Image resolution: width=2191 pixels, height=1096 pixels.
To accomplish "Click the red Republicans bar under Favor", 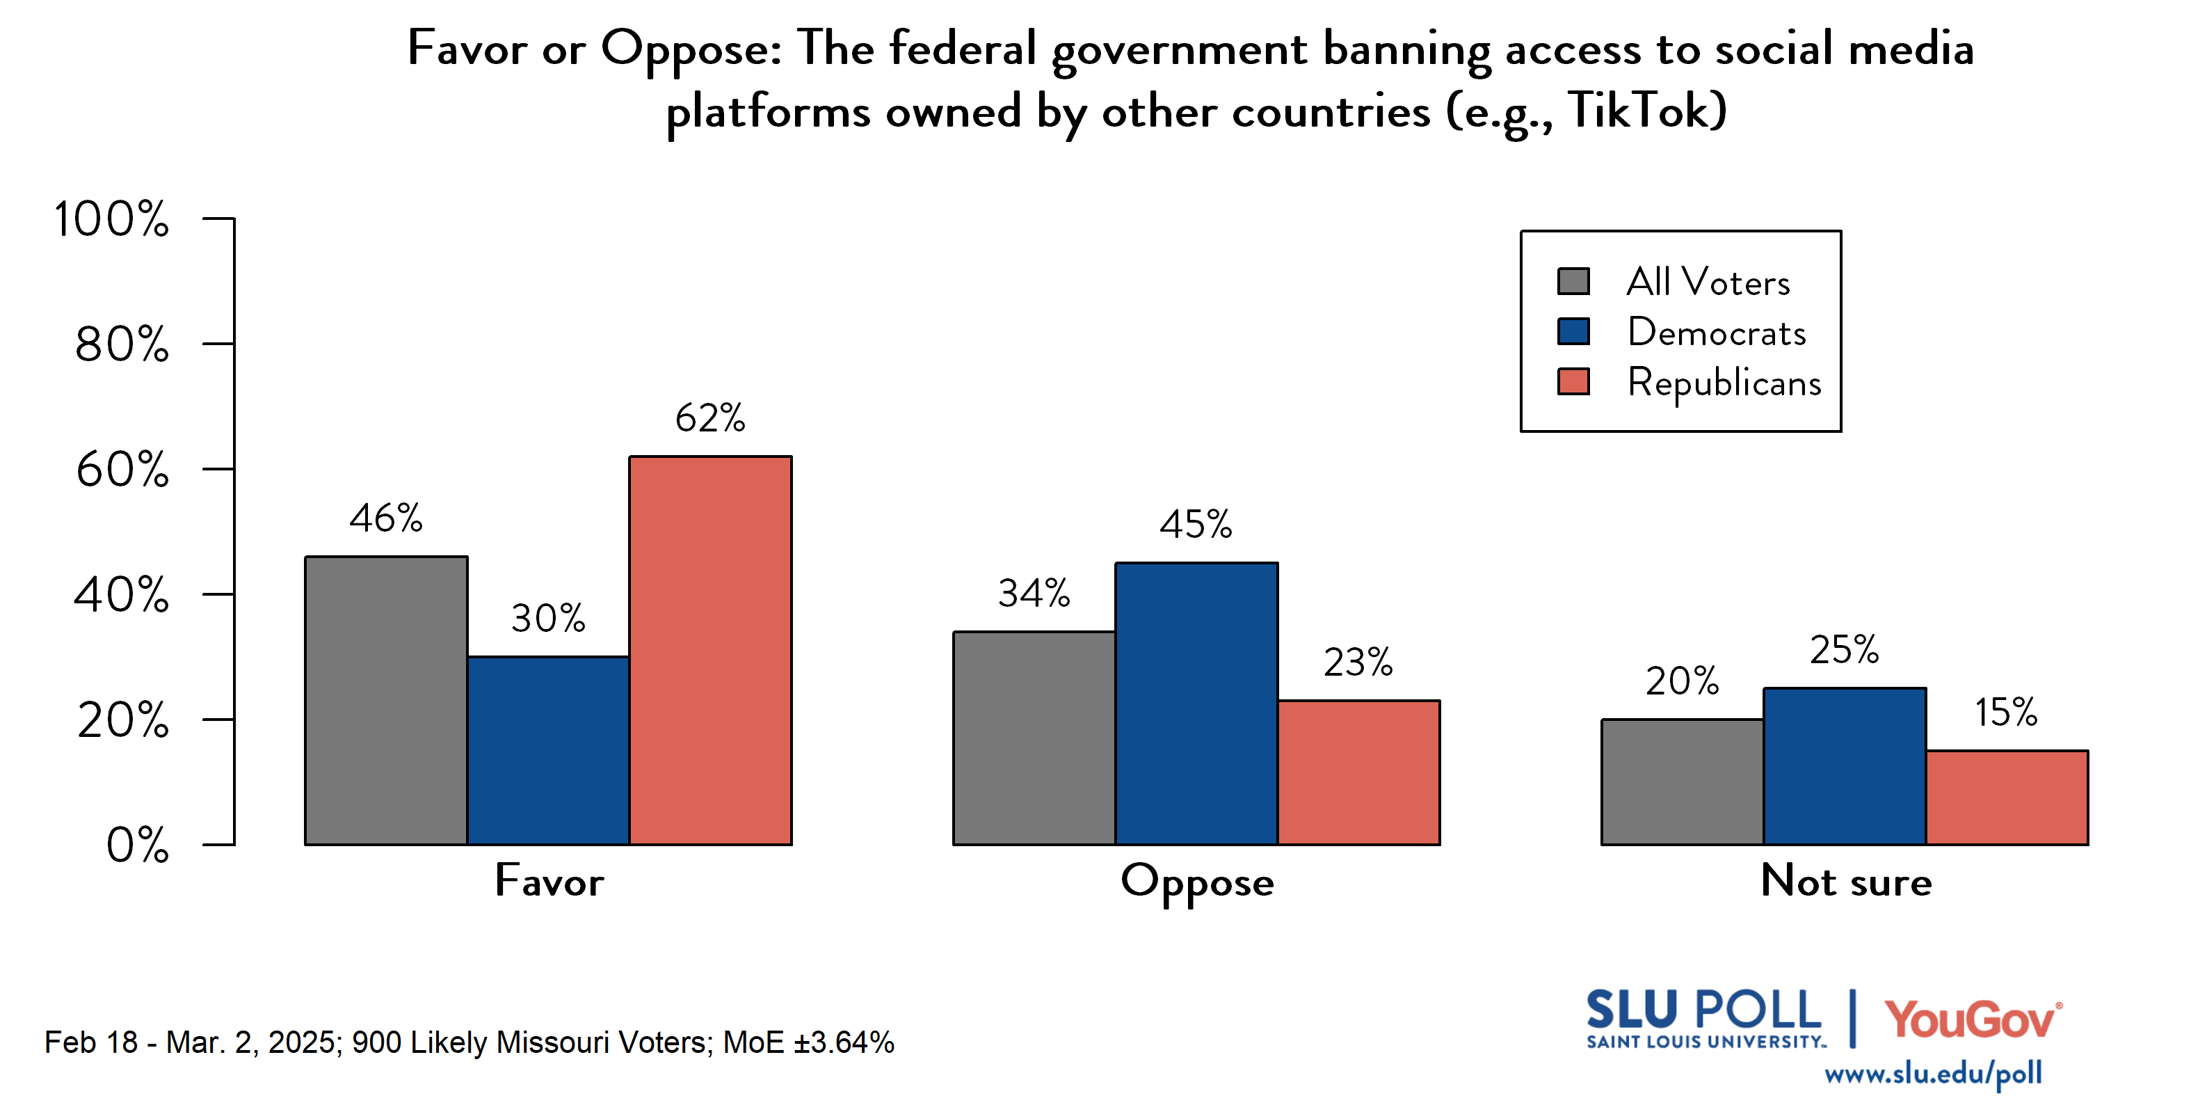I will (710, 650).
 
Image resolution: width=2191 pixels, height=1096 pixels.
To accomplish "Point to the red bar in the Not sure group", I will (2007, 797).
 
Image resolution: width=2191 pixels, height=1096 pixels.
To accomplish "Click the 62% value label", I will (710, 418).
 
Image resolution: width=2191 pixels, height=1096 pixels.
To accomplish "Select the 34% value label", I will (1034, 593).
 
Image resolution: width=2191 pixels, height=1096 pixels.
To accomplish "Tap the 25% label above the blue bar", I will (1844, 650).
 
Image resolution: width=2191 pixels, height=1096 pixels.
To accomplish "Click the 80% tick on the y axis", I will (122, 344).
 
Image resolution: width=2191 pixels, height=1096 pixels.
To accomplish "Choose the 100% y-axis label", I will (111, 219).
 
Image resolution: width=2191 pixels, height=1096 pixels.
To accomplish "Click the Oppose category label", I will (1197, 882).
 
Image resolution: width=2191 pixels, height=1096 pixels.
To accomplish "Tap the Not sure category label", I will (1846, 881).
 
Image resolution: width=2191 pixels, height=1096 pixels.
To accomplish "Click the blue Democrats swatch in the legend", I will (1573, 331).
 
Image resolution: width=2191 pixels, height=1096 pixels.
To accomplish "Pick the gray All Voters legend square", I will (1573, 281).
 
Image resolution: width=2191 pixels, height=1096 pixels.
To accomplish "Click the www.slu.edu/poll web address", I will (1932, 1073).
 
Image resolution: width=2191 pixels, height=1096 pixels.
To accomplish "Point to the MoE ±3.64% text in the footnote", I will (808, 1042).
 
